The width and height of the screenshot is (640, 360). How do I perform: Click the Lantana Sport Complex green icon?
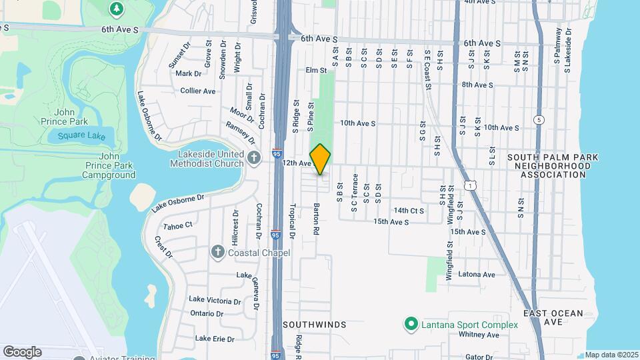point(411,325)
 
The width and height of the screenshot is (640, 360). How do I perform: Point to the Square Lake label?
point(81,136)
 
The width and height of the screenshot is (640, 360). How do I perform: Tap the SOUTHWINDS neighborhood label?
point(315,325)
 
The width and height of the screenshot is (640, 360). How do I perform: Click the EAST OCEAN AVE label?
point(553,317)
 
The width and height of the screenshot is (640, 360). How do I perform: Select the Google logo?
point(22,352)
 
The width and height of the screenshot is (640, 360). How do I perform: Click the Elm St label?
point(316,69)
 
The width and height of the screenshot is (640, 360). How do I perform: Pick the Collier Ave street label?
point(198,91)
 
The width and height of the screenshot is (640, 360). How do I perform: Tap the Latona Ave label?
point(476,274)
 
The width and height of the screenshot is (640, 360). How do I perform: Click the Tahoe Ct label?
point(178,225)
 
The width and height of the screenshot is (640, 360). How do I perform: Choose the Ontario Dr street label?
point(207,313)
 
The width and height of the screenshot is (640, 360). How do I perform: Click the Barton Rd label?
point(317,219)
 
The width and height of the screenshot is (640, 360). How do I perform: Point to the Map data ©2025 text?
point(612,355)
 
